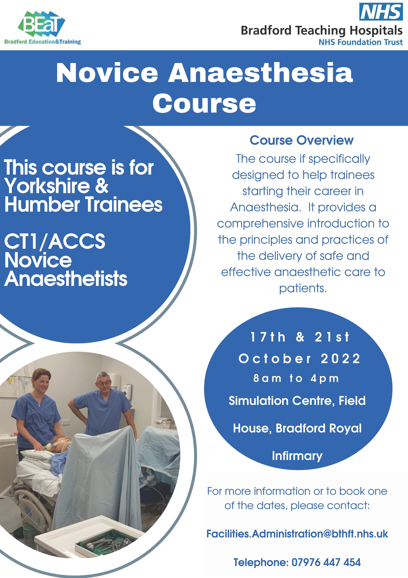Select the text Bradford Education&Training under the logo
coord(42,42)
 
